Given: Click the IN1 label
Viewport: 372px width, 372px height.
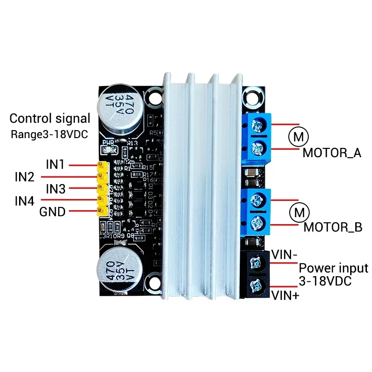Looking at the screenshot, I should coord(55,165).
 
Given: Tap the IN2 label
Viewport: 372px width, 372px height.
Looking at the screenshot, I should coord(24,177).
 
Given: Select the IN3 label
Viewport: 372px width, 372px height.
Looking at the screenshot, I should coord(55,189).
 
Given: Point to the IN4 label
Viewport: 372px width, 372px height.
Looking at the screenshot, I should coord(24,201).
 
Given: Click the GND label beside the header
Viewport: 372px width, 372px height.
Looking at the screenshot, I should coord(52,213).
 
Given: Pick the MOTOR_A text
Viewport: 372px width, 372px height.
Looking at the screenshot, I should coord(332,153).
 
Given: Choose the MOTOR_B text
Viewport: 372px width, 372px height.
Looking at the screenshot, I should coord(332,227).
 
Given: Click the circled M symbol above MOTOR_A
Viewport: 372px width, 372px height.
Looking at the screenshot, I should coord(297,137).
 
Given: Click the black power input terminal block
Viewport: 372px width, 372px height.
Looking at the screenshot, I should coord(256,272).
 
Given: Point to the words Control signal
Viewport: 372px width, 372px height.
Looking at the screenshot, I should coord(50,119).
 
